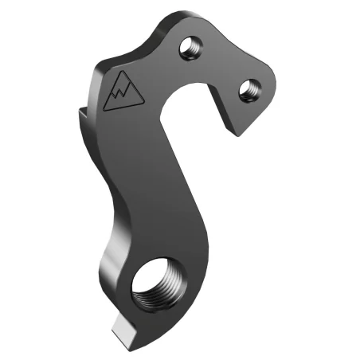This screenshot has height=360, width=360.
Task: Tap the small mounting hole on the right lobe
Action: [248, 87]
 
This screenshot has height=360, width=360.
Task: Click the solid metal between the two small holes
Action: [219, 68]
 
